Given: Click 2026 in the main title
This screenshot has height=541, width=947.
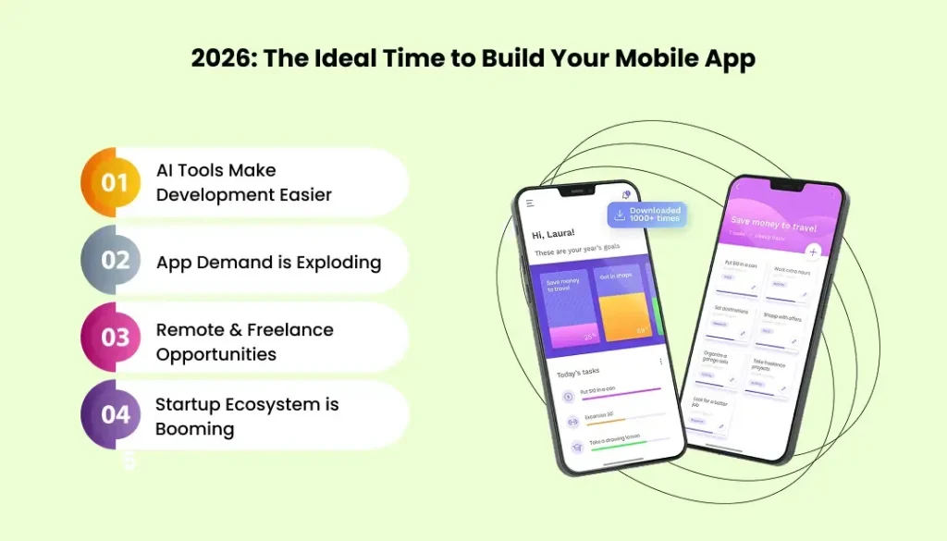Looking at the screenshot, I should pyautogui.click(x=222, y=58).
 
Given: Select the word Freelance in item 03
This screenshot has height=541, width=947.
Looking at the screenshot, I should pyautogui.click(x=289, y=330).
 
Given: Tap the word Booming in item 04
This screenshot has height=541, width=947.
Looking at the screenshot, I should pyautogui.click(x=194, y=429).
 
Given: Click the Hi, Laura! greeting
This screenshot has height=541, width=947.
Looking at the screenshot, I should pyautogui.click(x=554, y=234).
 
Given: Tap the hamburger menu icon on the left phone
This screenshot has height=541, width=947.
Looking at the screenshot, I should pyautogui.click(x=530, y=203).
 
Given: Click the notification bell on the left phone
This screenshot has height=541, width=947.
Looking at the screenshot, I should pyautogui.click(x=626, y=196).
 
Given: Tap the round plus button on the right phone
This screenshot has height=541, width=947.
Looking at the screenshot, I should pyautogui.click(x=813, y=252).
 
